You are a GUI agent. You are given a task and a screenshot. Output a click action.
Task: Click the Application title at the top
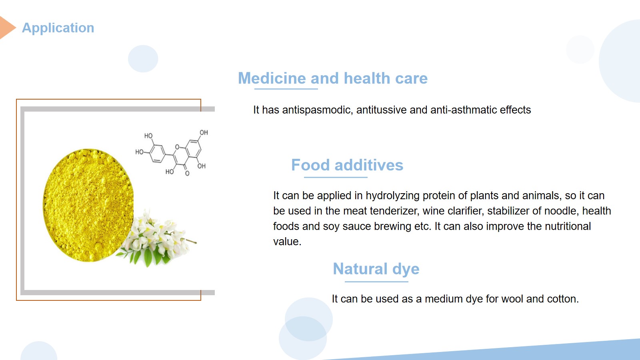pos(58,28)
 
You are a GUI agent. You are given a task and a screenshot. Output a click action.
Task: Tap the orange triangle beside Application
pos(6,28)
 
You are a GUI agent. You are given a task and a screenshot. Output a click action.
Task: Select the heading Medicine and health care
pos(333,78)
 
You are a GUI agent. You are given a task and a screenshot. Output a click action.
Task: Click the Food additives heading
pos(347,165)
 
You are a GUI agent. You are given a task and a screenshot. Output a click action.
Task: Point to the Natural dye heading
pos(376,269)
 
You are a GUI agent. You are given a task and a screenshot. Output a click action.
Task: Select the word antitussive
pos(382,110)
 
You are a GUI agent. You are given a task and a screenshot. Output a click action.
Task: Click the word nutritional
pos(568,226)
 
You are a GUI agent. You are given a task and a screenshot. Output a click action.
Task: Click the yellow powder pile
pos(88,205)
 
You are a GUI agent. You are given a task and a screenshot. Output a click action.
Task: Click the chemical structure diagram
pos(172,152)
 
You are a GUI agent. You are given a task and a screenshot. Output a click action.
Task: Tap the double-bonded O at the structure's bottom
pos(187,174)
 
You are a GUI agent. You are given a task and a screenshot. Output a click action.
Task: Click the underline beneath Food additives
pos(336,178)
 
